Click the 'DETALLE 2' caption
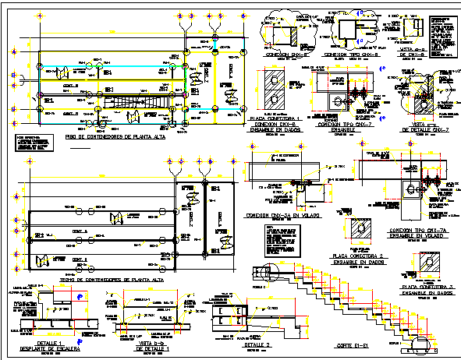click(x=257, y=344)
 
